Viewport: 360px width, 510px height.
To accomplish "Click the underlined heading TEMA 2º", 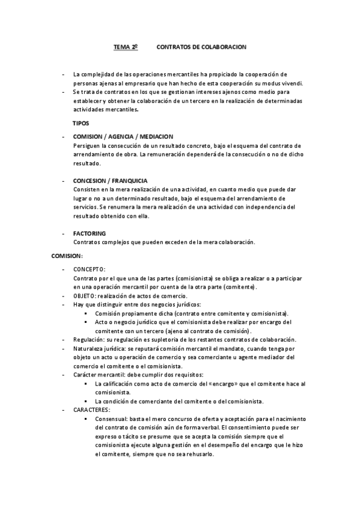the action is [126, 46].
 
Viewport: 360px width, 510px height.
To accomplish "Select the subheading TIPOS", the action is [81, 123].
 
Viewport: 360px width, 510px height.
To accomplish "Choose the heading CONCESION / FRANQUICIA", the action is [111, 180].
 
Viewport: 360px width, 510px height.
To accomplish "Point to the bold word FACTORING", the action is [90, 233].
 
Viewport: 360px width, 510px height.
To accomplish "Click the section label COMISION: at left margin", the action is [67, 256].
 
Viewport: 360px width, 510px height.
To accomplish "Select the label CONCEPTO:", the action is [90, 269].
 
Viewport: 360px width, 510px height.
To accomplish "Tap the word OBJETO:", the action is [84, 295].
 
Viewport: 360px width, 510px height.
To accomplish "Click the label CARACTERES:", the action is [92, 410].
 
